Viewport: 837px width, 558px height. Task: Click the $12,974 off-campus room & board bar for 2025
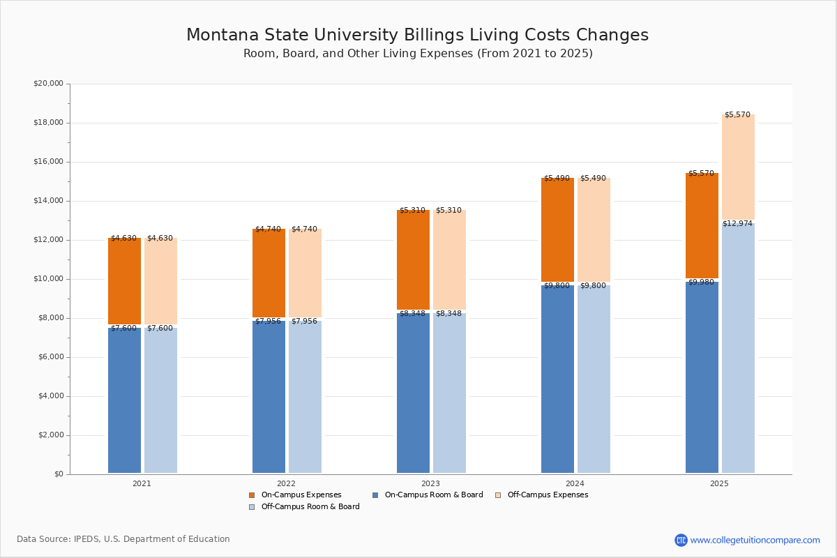[x=738, y=349]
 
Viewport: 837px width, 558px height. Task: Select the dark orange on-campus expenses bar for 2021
[x=124, y=281]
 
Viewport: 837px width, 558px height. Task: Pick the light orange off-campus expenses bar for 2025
[x=738, y=167]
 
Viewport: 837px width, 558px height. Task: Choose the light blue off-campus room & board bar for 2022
[x=305, y=397]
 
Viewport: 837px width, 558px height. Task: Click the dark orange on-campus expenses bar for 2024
[x=557, y=229]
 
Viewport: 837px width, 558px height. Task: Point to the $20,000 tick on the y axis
[x=48, y=84]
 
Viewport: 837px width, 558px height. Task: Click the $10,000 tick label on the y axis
[x=48, y=279]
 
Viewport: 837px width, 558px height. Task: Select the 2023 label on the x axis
[x=430, y=483]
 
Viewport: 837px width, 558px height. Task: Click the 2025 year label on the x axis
[x=719, y=483]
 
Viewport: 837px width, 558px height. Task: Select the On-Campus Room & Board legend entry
[x=433, y=495]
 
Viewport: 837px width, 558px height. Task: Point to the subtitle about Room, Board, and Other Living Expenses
[x=418, y=54]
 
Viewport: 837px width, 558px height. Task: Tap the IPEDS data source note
[x=123, y=539]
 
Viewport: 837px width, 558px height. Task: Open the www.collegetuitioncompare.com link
[x=755, y=540]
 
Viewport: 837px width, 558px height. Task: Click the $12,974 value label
[x=737, y=223]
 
